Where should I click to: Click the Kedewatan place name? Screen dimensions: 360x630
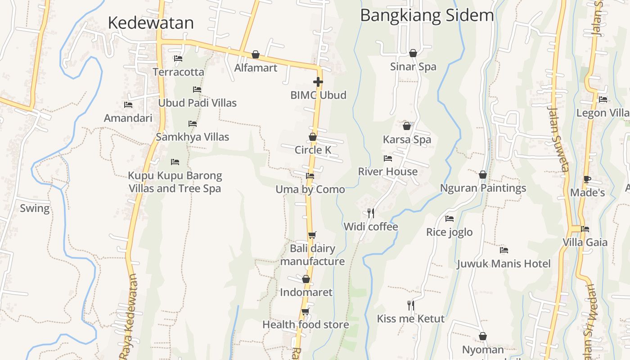coord(151,22)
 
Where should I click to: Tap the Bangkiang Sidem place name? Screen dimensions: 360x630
coord(427,15)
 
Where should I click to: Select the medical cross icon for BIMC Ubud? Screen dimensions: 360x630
coord(318,82)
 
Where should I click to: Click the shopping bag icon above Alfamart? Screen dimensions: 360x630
coord(256,54)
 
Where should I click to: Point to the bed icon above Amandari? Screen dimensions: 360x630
coord(128,105)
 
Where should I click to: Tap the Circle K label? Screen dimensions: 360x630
coord(313,150)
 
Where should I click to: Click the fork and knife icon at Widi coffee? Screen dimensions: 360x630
coord(371,213)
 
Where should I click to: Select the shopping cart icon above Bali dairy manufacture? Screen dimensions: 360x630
coord(312,235)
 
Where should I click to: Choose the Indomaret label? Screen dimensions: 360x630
coord(306,292)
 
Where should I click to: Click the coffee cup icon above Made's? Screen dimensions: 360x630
coord(587,179)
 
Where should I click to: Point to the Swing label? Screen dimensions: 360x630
coord(35,208)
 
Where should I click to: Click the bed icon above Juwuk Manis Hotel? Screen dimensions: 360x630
coord(504,250)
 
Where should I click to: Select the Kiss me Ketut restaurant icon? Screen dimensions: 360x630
coord(410,306)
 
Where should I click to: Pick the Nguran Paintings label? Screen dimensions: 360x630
coord(483,188)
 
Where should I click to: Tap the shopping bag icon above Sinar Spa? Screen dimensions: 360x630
coord(413,53)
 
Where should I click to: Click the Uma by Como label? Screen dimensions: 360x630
coord(310,189)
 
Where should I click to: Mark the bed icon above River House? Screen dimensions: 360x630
coord(387,158)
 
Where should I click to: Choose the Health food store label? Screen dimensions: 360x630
coord(306,324)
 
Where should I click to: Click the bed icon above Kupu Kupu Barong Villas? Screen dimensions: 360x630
coord(175,162)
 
